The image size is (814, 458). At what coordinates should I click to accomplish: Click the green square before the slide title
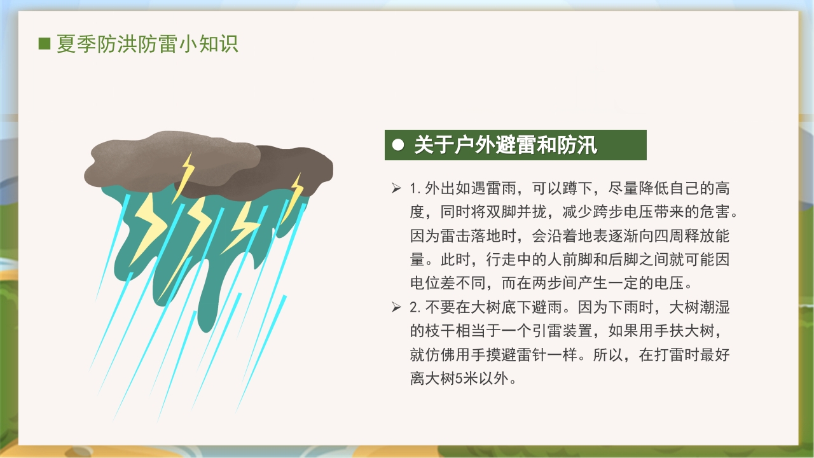click(x=45, y=44)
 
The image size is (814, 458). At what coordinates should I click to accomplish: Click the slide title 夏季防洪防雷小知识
click(x=148, y=44)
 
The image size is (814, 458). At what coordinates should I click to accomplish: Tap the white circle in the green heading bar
click(x=399, y=146)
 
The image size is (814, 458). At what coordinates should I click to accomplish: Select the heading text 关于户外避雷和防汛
click(x=506, y=146)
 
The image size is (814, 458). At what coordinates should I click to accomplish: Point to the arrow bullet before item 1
click(x=396, y=188)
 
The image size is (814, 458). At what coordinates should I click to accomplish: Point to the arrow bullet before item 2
click(x=396, y=308)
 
